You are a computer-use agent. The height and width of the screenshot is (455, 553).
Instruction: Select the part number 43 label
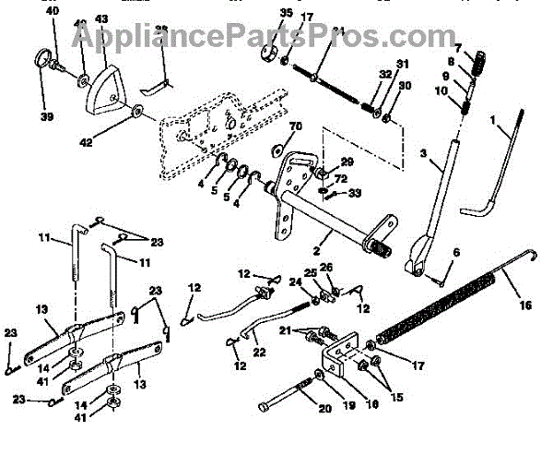[x=101, y=20]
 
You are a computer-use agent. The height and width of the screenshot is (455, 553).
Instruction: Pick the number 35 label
[x=261, y=14]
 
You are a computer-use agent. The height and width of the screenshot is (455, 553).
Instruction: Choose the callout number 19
[x=324, y=403]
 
